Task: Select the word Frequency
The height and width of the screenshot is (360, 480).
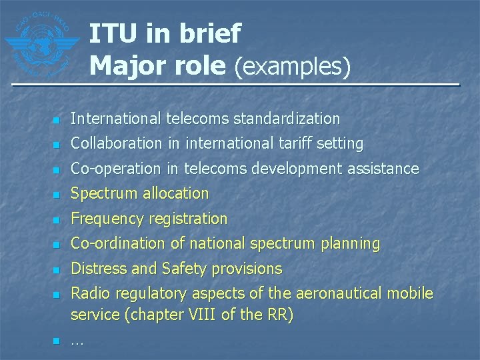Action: click(x=107, y=219)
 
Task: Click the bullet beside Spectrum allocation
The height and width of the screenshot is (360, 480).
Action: click(x=57, y=195)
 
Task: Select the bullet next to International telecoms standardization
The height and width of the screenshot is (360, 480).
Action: click(x=57, y=120)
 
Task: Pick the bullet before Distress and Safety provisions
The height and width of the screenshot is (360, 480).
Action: click(x=57, y=270)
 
